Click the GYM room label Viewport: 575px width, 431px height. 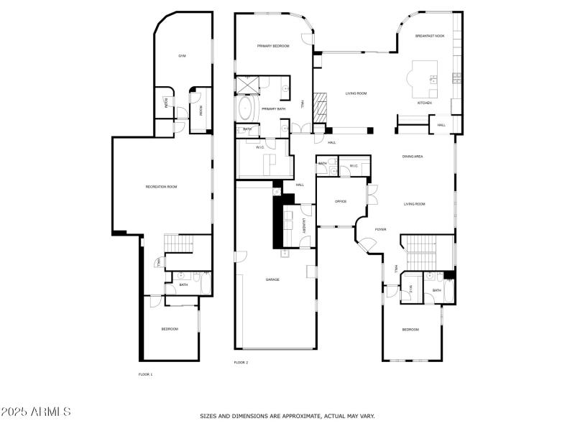pyautogui.click(x=183, y=55)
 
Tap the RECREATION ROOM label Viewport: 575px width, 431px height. pyautogui.click(x=161, y=187)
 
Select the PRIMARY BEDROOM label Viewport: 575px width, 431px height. pyautogui.click(x=273, y=46)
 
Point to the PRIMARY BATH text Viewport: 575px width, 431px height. pyautogui.click(x=274, y=108)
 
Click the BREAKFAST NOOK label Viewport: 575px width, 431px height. pyautogui.click(x=430, y=35)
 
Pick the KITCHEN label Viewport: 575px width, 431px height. pyautogui.click(x=425, y=103)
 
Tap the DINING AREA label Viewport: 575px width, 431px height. pyautogui.click(x=412, y=156)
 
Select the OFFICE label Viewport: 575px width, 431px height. pyautogui.click(x=341, y=202)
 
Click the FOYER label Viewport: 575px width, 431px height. pyautogui.click(x=380, y=229)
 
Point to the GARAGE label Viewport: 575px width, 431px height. pyautogui.click(x=272, y=279)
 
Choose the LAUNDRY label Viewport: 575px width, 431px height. pyautogui.click(x=305, y=225)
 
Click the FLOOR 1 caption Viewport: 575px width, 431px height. pyautogui.click(x=145, y=374)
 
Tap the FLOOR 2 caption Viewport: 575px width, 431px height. pyautogui.click(x=241, y=363)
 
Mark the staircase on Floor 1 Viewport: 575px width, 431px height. pyautogui.click(x=180, y=244)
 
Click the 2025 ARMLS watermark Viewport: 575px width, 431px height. pyautogui.click(x=36, y=412)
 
